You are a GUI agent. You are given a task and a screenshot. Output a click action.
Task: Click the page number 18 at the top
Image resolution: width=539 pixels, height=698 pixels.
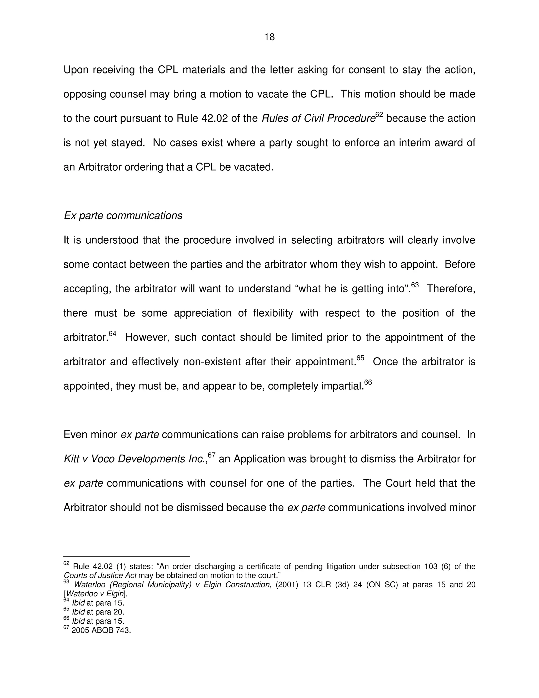click(x=269, y=37)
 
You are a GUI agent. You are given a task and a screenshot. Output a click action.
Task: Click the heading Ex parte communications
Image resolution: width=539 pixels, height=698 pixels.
click(x=123, y=216)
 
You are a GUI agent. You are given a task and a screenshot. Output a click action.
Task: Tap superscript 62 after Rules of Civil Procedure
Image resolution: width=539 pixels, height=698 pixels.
click(x=379, y=114)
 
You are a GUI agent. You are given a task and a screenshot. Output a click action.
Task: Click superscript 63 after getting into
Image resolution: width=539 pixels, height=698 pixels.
click(x=415, y=285)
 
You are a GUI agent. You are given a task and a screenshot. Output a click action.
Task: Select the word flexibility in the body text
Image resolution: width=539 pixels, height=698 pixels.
click(x=273, y=313)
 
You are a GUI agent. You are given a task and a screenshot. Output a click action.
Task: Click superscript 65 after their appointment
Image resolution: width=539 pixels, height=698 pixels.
click(x=360, y=358)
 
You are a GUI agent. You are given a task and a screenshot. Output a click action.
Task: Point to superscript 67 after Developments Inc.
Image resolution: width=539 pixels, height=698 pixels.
click(x=212, y=455)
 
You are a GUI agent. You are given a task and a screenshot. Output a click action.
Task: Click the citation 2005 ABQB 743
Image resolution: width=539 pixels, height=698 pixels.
click(x=101, y=630)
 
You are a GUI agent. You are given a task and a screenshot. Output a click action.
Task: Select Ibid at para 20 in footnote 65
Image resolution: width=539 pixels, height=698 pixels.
click(x=98, y=612)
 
